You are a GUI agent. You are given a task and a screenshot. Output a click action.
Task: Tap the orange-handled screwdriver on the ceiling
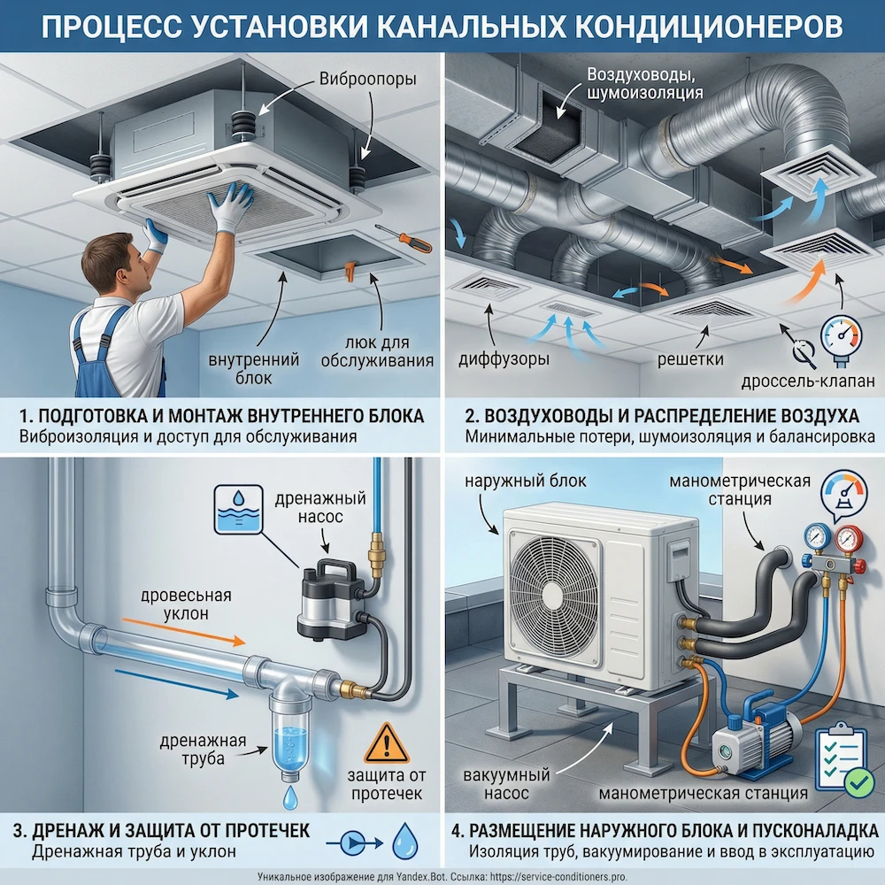click(403, 238)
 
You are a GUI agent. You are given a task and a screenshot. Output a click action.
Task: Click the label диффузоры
click(504, 359)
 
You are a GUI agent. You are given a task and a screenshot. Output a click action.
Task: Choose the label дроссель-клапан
click(811, 380)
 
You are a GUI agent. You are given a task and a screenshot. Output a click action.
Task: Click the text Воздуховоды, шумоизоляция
click(644, 82)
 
